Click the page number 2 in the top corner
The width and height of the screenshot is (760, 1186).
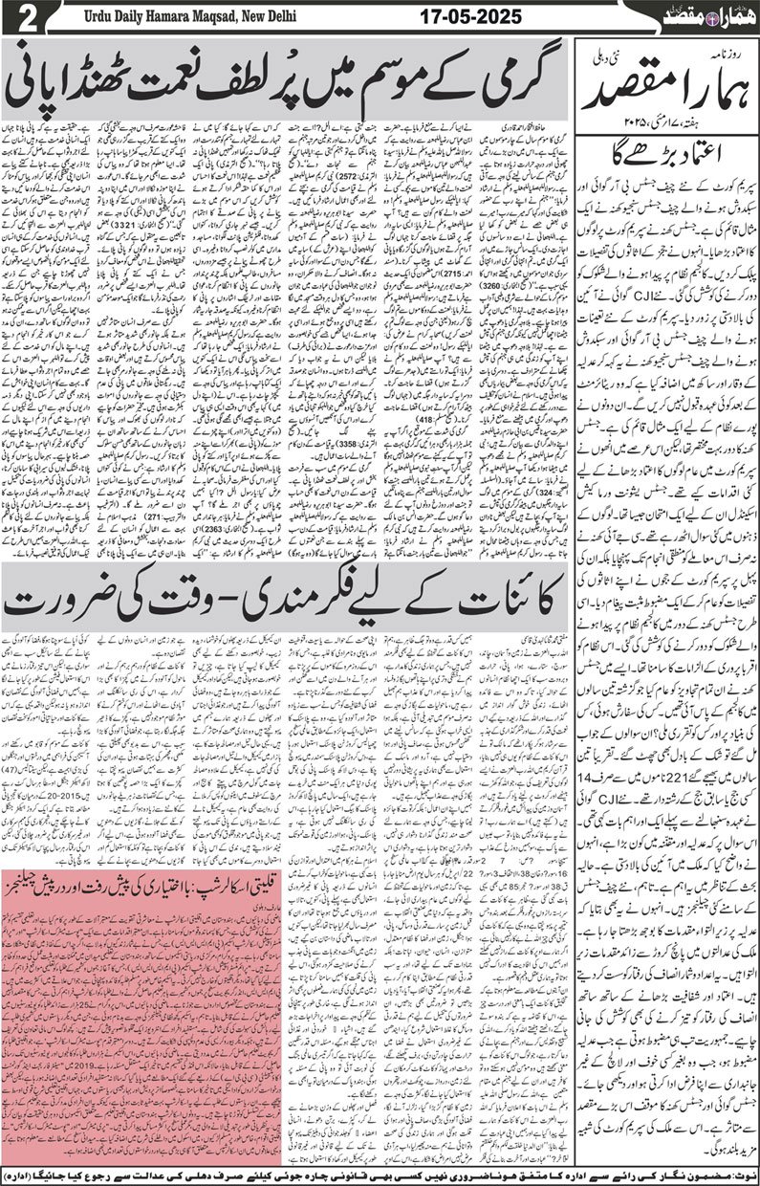pos(26,17)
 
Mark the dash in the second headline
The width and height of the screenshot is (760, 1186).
pos(251,600)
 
